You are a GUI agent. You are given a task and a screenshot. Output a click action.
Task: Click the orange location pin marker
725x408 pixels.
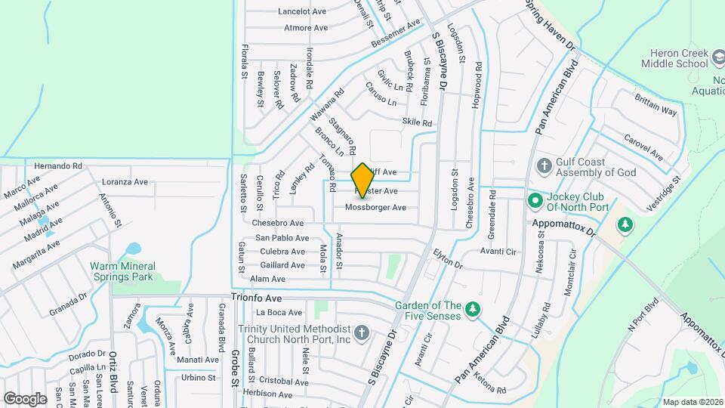pyautogui.click(x=362, y=180)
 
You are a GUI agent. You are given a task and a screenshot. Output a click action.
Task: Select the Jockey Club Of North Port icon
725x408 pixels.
pyautogui.click(x=535, y=200)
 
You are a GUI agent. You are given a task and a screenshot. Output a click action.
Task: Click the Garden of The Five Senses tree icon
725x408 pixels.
pyautogui.click(x=473, y=310)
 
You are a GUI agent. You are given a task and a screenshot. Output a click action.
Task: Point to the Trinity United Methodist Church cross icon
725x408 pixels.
pyautogui.click(x=362, y=333)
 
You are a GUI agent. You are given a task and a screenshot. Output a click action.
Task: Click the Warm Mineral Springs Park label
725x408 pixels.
pyautogui.click(x=122, y=271)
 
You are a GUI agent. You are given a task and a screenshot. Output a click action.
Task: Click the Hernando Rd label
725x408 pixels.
pyautogui.click(x=58, y=165)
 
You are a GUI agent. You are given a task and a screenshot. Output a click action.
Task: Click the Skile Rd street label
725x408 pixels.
pyautogui.click(x=417, y=122)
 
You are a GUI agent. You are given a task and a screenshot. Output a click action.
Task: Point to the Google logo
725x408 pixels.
pyautogui.click(x=25, y=398)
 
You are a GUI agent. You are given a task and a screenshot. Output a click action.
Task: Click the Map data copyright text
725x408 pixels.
pyautogui.click(x=691, y=402)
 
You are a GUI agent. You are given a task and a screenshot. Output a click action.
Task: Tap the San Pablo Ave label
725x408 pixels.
pyautogui.click(x=281, y=237)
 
